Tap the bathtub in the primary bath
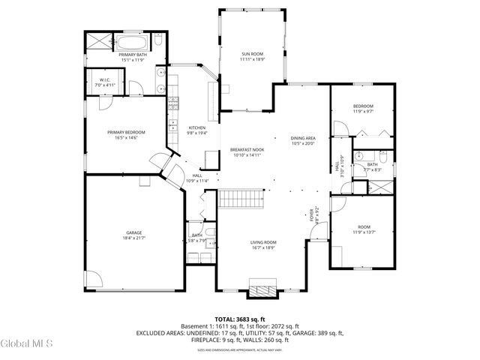coord(133,41)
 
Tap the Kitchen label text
coord(196,127)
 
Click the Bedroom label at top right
coord(363,106)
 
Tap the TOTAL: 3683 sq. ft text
coord(239,319)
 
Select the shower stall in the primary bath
coord(97,41)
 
